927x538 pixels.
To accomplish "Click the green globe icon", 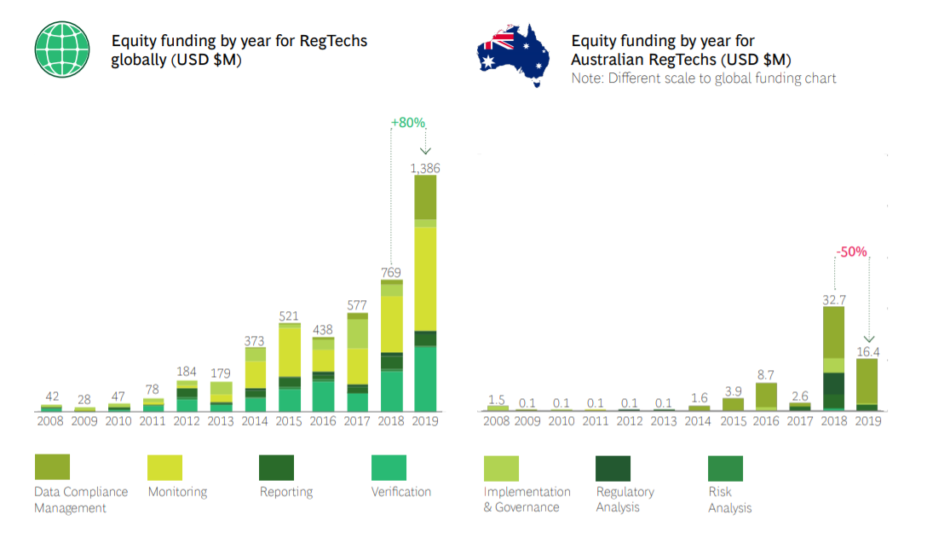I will pos(62,49).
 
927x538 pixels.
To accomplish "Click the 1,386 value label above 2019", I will pos(425,169).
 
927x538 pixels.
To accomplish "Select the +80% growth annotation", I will pos(408,123).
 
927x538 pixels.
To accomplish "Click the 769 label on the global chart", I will pos(392,273).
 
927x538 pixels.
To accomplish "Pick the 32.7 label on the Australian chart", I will pos(834,299).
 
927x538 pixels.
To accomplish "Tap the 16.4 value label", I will pos(868,350).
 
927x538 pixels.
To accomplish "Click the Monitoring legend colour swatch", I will pos(164,467).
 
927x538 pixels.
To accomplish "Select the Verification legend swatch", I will pos(389,467).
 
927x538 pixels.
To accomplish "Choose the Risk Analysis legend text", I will pos(730,500).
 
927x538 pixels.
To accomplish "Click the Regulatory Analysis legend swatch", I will pos(613,468).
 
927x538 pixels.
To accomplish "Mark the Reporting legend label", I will pos(286,492).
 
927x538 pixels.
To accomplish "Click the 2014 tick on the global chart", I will pos(256,420).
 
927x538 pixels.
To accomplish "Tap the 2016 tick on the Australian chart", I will pos(766,420).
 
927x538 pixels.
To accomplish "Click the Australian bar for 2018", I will pos(834,358).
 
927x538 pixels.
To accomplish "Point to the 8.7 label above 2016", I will pos(766,374).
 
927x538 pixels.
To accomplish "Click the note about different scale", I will pos(704,78).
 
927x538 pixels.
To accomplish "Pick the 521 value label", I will pos(290,316).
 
